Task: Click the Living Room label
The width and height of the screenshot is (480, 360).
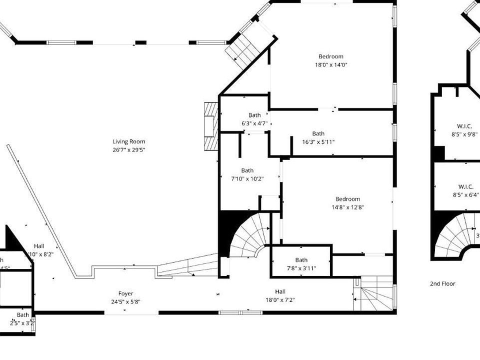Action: pyautogui.click(x=128, y=141)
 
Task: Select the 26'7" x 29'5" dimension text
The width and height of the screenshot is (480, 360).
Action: pyautogui.click(x=128, y=149)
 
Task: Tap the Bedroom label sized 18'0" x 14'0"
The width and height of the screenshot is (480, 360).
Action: pyautogui.click(x=331, y=56)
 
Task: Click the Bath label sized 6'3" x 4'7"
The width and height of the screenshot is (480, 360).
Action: pyautogui.click(x=254, y=115)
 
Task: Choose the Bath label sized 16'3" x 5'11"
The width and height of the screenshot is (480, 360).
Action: pyautogui.click(x=318, y=133)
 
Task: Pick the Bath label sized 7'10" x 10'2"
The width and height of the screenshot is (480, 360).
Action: pyautogui.click(x=247, y=170)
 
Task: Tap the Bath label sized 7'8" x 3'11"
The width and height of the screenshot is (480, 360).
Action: pyautogui.click(x=301, y=260)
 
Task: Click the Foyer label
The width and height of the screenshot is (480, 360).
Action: pyautogui.click(x=125, y=293)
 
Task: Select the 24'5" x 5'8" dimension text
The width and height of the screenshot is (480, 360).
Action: pyautogui.click(x=125, y=301)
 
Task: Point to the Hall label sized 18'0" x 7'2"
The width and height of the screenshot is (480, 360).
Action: pyautogui.click(x=280, y=291)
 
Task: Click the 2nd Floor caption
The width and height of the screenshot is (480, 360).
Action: pyautogui.click(x=442, y=283)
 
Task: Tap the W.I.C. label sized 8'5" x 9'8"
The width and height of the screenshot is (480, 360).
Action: pyautogui.click(x=464, y=126)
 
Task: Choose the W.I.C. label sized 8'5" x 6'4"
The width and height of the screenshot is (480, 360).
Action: pyautogui.click(x=464, y=186)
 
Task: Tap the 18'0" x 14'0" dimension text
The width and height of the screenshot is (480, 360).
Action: pyautogui.click(x=331, y=64)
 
